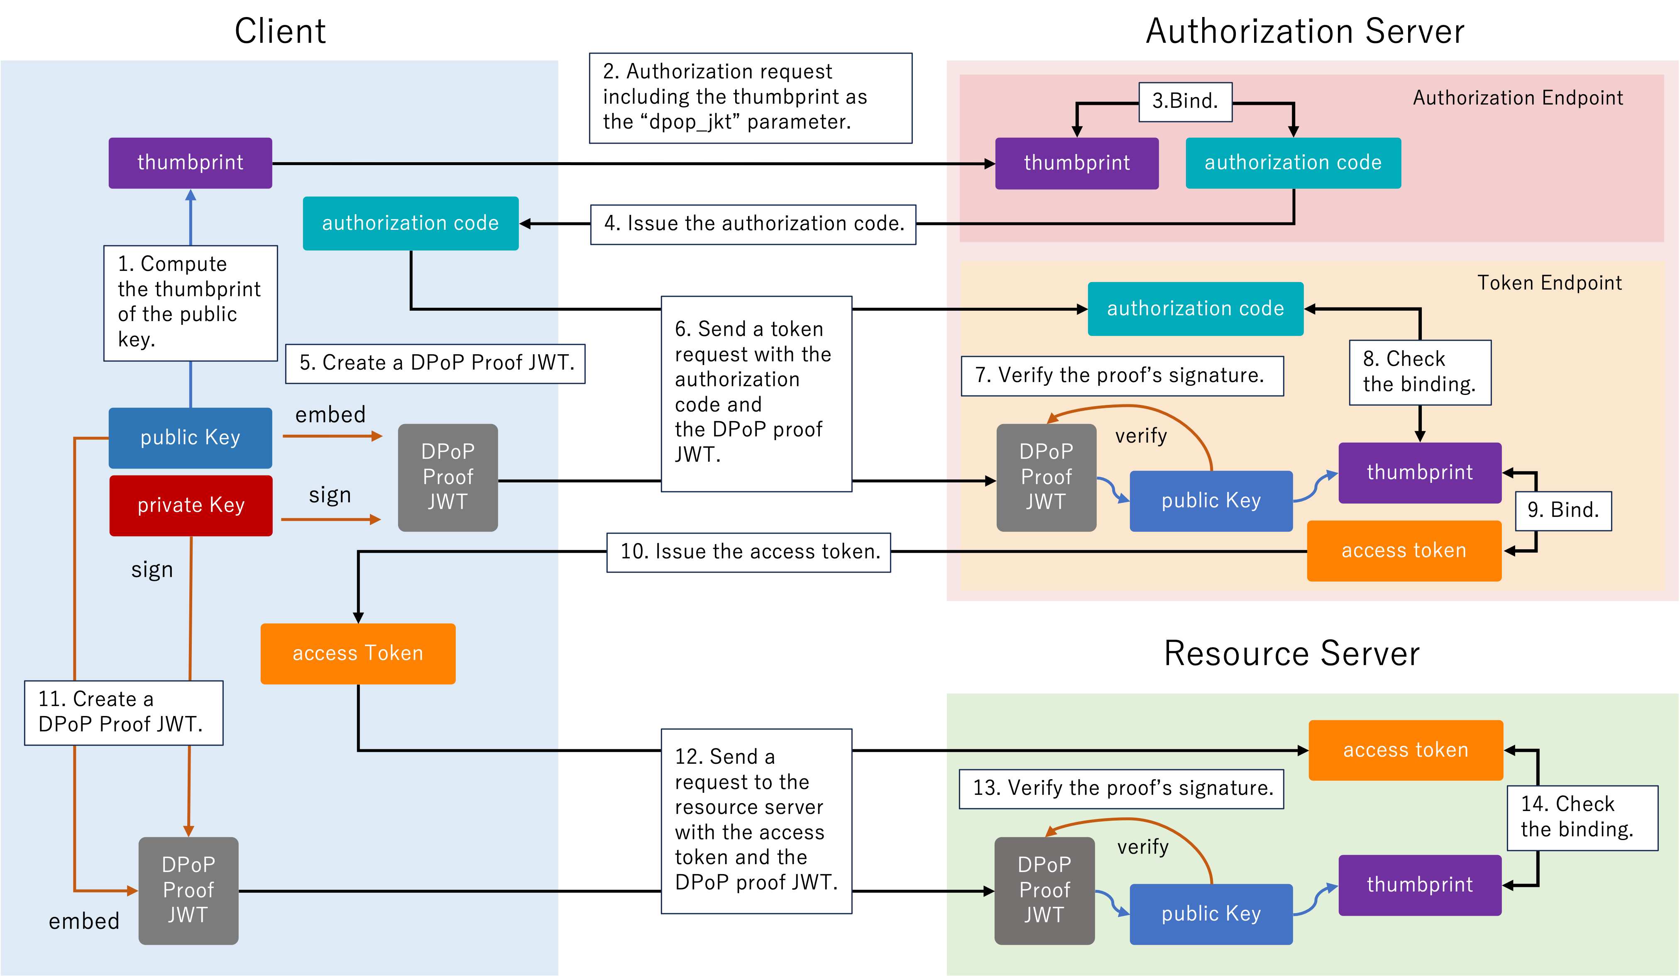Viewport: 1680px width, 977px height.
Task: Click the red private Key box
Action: click(191, 505)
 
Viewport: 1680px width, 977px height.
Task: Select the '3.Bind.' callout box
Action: click(1185, 101)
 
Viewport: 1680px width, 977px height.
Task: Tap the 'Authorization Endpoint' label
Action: click(1517, 98)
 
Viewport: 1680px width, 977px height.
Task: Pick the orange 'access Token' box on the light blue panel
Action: click(358, 653)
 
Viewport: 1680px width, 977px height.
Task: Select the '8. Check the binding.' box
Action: click(1419, 372)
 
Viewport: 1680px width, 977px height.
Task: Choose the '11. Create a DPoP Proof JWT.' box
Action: click(123, 712)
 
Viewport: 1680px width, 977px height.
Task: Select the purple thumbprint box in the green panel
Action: click(1419, 884)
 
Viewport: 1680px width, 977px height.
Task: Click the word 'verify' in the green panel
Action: click(1143, 847)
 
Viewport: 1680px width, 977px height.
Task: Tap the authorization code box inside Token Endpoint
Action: click(1195, 309)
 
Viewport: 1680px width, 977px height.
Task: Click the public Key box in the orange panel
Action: click(1210, 500)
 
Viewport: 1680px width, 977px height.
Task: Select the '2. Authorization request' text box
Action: click(750, 97)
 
